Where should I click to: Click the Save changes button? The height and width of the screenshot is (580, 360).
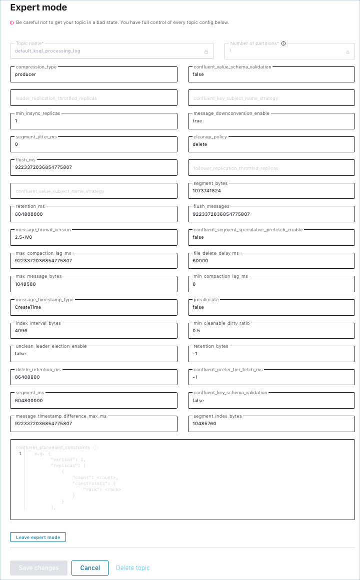point(38,568)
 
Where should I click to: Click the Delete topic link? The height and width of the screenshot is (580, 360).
point(132,568)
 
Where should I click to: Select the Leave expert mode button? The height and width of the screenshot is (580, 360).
point(38,538)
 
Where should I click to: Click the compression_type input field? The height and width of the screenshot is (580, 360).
point(93,74)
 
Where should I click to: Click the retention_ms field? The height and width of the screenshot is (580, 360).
point(93,214)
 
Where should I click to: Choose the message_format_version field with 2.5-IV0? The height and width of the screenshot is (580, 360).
point(93,237)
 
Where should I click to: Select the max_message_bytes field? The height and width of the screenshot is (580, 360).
point(93,284)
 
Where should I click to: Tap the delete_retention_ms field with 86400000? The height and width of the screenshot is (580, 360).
point(93,377)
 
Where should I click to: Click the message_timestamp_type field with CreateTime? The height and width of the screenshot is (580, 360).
point(93,307)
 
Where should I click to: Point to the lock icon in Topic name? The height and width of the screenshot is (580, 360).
point(206,51)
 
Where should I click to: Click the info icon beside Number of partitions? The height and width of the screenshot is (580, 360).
point(283,43)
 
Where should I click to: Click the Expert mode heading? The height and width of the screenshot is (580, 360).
point(38,8)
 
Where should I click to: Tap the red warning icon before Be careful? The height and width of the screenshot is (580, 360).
point(12,22)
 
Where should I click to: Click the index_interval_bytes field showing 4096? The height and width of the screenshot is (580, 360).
point(93,331)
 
